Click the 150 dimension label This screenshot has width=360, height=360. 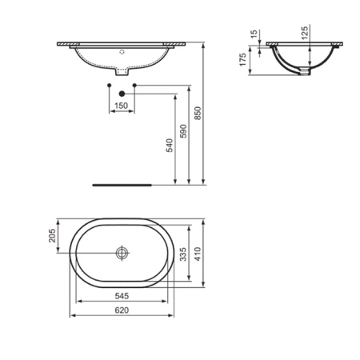(121, 106)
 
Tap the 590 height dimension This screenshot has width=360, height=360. (182, 132)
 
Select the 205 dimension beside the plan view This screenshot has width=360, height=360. (54, 237)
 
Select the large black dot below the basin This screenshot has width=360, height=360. (122, 93)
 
